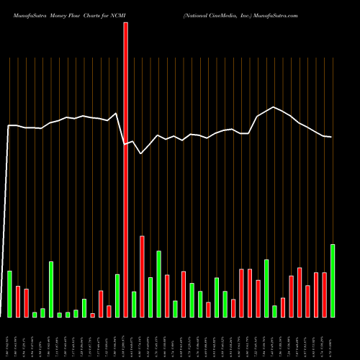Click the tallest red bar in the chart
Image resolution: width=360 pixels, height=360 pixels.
click(x=125, y=169)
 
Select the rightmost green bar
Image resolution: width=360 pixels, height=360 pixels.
click(x=333, y=281)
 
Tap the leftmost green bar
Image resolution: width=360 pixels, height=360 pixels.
click(x=9, y=294)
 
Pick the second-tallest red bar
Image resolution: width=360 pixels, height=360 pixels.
click(x=142, y=276)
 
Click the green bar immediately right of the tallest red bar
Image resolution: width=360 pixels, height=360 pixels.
click(x=134, y=304)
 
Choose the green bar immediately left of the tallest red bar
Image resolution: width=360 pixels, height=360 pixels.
click(x=117, y=295)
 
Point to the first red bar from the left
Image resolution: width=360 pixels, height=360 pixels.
click(x=18, y=301)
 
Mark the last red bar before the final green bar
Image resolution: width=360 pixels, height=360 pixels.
click(x=325, y=294)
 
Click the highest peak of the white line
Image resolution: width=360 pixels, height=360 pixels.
click(x=274, y=107)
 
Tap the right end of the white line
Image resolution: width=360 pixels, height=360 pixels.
click(x=331, y=137)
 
